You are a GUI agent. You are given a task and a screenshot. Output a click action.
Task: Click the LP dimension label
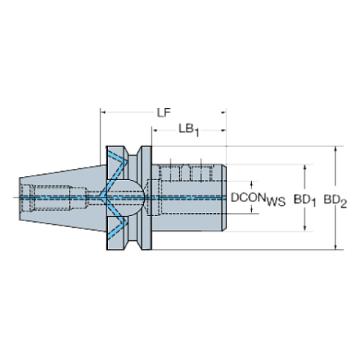click(163, 112)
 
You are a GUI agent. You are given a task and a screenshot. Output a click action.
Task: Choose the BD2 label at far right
click(334, 198)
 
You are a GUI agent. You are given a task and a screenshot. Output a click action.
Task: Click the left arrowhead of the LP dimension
click(103, 112)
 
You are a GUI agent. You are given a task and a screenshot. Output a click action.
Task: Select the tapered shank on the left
click(59, 197)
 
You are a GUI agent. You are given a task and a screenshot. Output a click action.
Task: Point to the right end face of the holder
click(225, 197)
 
